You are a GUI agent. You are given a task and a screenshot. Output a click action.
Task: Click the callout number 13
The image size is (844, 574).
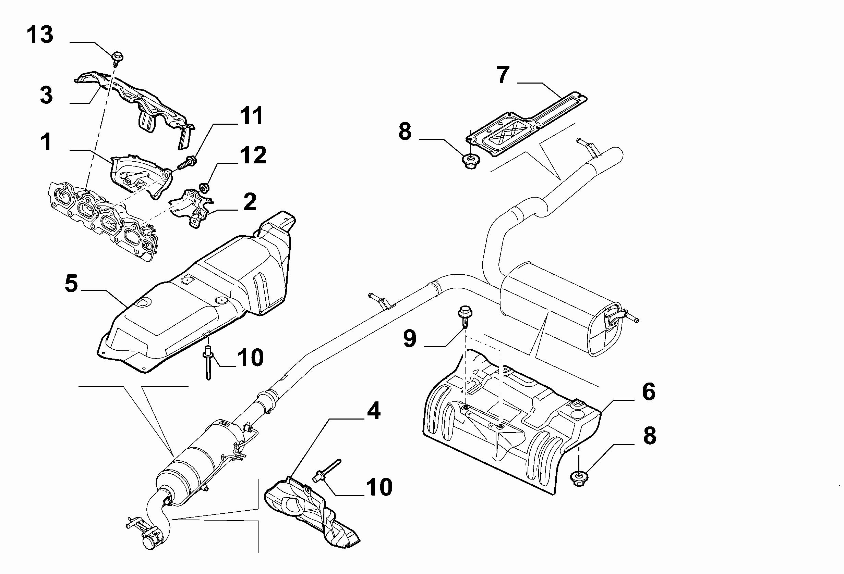[40, 35]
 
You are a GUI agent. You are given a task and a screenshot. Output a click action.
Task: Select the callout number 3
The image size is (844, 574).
[46, 95]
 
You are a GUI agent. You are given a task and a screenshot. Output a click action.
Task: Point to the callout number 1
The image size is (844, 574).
[46, 141]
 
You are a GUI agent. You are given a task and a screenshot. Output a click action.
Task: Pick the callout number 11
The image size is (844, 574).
[251, 116]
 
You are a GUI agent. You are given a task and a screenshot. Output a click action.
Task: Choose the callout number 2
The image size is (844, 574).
[250, 202]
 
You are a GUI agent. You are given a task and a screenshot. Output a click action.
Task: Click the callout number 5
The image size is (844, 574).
[72, 283]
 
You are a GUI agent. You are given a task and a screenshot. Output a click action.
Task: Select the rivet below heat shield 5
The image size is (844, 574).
[208, 363]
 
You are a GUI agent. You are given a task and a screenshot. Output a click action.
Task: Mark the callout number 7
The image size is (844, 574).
[503, 75]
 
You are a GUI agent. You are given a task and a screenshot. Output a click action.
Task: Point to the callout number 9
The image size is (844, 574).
[410, 338]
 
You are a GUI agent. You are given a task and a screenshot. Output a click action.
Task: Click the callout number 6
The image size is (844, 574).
[649, 392]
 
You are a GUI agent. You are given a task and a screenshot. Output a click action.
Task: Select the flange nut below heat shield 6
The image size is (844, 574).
[579, 478]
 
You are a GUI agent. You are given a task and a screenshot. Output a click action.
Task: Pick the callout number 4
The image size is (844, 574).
[374, 411]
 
